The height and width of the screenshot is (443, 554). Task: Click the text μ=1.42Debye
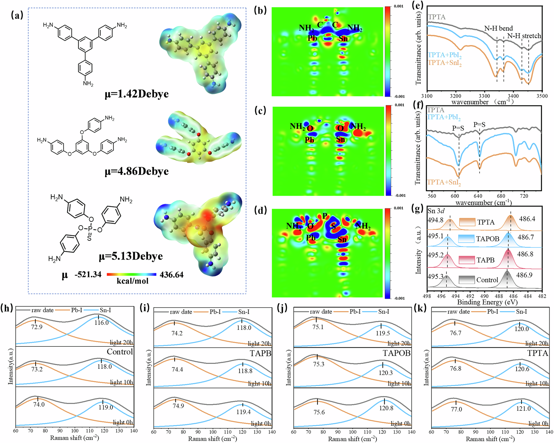coord(137,94)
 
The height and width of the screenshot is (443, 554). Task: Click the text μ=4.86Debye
coord(137,171)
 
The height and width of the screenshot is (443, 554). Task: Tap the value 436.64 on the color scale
coord(171,275)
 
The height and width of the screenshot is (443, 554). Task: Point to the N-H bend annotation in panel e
coord(498,28)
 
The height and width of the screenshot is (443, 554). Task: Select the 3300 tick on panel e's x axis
coord(484,96)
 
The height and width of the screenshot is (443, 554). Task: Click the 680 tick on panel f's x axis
coord(501,196)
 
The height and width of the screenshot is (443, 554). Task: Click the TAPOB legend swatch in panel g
coord(466,239)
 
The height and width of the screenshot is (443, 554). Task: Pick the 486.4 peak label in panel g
coord(527,219)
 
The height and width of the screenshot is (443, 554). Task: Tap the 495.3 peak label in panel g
coord(435,276)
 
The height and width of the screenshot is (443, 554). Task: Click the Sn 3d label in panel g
coord(436,211)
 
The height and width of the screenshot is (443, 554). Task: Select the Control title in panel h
coord(120,352)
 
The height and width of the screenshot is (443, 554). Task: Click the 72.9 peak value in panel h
coord(37,327)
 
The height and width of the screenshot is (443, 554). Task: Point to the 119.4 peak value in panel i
coord(243,412)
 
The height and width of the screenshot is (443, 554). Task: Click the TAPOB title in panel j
coord(396,353)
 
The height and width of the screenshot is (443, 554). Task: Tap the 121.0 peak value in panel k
coord(523,409)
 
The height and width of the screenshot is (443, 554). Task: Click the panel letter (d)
coord(260,210)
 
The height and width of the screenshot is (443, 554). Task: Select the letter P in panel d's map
coord(325,216)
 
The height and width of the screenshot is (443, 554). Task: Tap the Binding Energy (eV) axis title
coord(487,302)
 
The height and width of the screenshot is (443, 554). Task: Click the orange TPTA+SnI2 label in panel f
coord(444,182)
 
